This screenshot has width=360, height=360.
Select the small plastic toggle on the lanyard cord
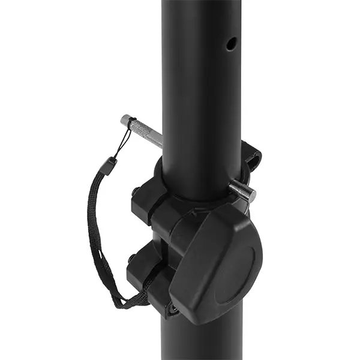pos(108,165)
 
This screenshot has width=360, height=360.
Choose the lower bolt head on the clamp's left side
pos(131,259)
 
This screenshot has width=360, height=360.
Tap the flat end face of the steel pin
pos(123,120)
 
